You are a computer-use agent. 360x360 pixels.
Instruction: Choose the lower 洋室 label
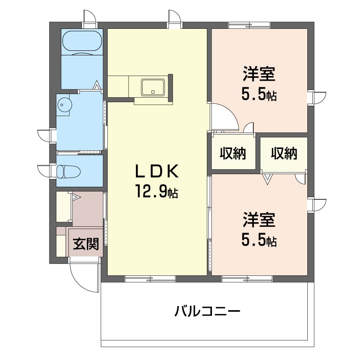tap(259, 220)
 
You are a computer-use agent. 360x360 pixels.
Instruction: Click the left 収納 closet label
tap(233, 153)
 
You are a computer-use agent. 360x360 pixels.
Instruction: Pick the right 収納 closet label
tap(284, 153)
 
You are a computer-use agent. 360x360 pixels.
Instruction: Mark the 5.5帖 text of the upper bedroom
tap(259, 95)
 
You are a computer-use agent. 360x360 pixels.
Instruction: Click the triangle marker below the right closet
tap(268, 179)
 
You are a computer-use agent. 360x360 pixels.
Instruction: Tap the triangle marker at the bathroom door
tap(97, 84)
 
